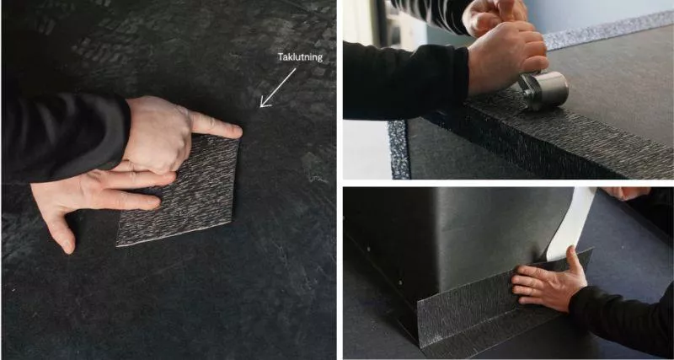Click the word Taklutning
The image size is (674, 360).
[300, 57]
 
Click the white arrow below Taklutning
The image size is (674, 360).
[278, 88]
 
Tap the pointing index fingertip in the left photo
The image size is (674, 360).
[238, 131]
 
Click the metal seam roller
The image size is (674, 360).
[543, 90]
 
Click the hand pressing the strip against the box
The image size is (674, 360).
[549, 280]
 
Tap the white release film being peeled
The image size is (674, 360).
[570, 224]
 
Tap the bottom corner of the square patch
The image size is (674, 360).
[117, 245]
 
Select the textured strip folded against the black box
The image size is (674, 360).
[495, 309]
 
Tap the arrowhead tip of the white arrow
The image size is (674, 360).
[261, 107]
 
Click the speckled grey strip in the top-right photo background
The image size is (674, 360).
[606, 30]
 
